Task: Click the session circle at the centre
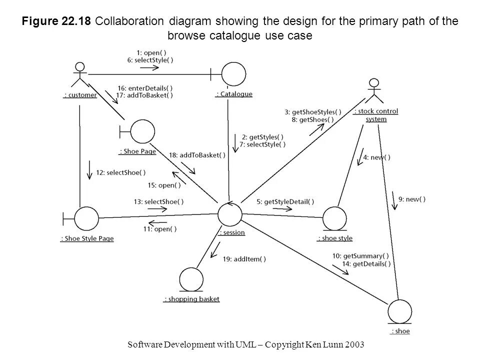230,215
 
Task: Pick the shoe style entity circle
334,219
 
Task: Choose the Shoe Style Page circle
86,219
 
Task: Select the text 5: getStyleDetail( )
285,201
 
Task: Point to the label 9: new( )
412,199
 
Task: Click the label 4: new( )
376,157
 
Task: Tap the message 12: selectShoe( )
120,172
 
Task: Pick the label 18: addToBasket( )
197,155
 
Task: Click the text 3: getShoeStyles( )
313,112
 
